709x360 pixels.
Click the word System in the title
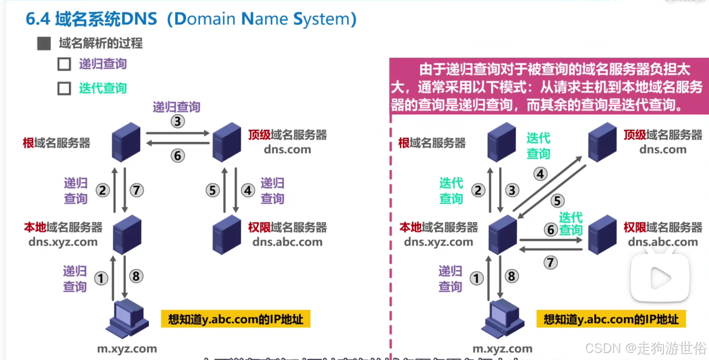click(x=325, y=20)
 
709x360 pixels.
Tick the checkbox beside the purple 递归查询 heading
click(x=64, y=64)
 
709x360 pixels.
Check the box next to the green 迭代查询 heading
click(x=64, y=88)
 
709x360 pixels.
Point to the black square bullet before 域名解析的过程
click(x=44, y=44)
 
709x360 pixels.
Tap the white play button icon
click(x=660, y=278)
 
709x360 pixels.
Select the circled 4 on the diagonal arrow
click(x=540, y=175)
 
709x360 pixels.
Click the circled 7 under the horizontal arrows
click(x=551, y=263)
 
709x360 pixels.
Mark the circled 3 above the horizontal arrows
click(x=178, y=121)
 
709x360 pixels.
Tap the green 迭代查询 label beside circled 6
click(x=570, y=224)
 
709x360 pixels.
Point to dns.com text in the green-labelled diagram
click(x=662, y=150)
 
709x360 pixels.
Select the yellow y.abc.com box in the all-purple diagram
click(x=235, y=319)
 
